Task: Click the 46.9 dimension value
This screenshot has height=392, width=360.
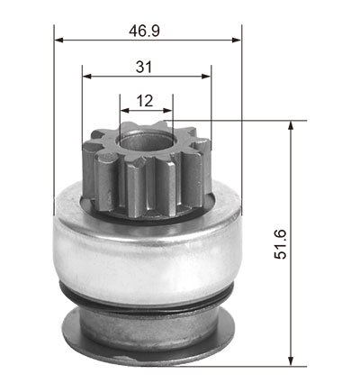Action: pos(144,31)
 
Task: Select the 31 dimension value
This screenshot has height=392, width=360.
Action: pos(144,67)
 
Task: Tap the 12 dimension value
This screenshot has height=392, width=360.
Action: pos(145,101)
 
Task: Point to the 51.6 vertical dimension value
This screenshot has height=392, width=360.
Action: pos(281,244)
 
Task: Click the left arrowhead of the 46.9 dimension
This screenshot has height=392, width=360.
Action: pos(58,40)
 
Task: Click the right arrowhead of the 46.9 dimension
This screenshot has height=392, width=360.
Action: pos(237,40)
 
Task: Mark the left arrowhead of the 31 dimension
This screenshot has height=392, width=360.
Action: pos(86,76)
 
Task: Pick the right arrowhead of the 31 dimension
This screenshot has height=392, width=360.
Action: pos(206,76)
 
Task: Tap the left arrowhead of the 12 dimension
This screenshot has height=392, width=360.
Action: pos(124,111)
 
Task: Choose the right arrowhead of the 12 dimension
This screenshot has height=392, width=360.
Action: pos(168,111)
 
